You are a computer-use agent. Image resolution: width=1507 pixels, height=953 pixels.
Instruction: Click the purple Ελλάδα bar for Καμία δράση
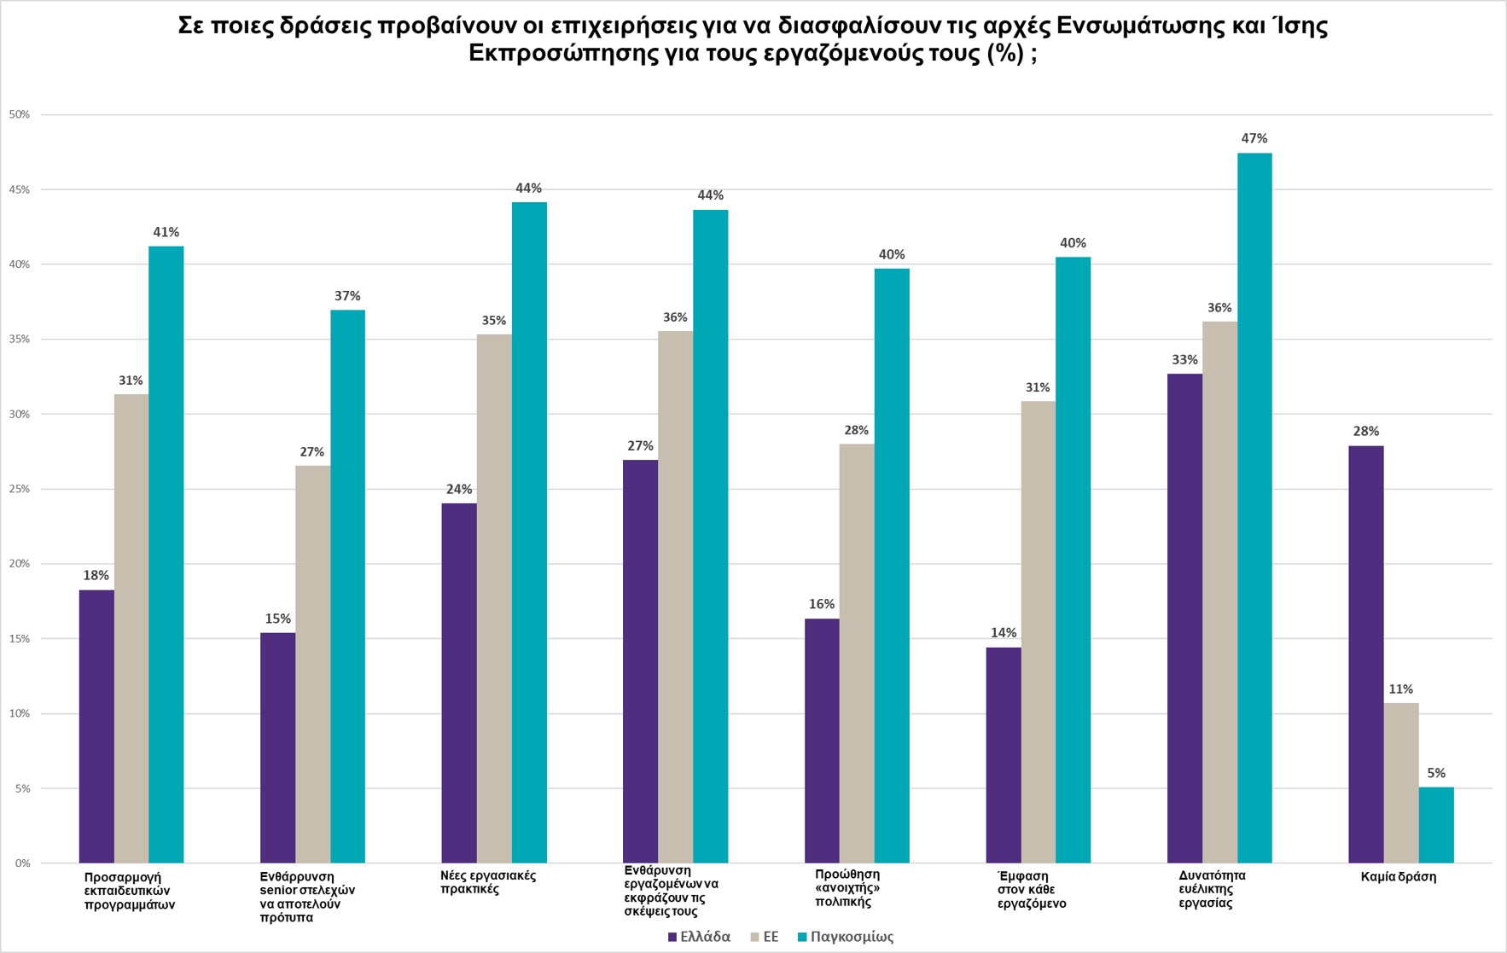point(1365,654)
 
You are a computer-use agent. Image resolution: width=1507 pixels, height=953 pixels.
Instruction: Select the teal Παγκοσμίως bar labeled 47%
point(1254,508)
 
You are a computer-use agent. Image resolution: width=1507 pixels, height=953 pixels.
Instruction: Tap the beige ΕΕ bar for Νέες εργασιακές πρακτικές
point(494,598)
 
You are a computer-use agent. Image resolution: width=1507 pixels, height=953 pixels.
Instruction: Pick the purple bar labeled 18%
point(96,726)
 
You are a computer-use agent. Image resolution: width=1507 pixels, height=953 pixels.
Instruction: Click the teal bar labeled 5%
point(1436,825)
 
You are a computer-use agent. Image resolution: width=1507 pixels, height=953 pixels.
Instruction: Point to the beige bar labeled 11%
point(1401,782)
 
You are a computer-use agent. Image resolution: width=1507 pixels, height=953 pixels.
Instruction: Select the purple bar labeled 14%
point(1003,755)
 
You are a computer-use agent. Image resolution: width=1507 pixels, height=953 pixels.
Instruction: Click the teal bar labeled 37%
point(347,586)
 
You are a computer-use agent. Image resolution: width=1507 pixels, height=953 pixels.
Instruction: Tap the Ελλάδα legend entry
point(699,937)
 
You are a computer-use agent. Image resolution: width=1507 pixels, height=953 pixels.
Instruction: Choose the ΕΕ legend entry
point(764,937)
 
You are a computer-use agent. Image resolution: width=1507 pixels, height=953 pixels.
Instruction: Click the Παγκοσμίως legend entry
point(845,937)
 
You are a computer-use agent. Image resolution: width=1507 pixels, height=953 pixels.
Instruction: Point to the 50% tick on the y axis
point(20,114)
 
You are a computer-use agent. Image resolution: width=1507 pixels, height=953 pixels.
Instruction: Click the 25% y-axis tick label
point(20,489)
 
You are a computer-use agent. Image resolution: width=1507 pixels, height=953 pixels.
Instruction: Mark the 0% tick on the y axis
point(22,863)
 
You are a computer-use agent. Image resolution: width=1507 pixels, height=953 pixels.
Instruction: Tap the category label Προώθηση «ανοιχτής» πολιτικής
point(847,887)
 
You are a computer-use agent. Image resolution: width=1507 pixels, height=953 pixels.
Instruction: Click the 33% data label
point(1184,360)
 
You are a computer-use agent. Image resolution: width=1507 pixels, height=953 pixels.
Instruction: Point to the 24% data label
point(459,490)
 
